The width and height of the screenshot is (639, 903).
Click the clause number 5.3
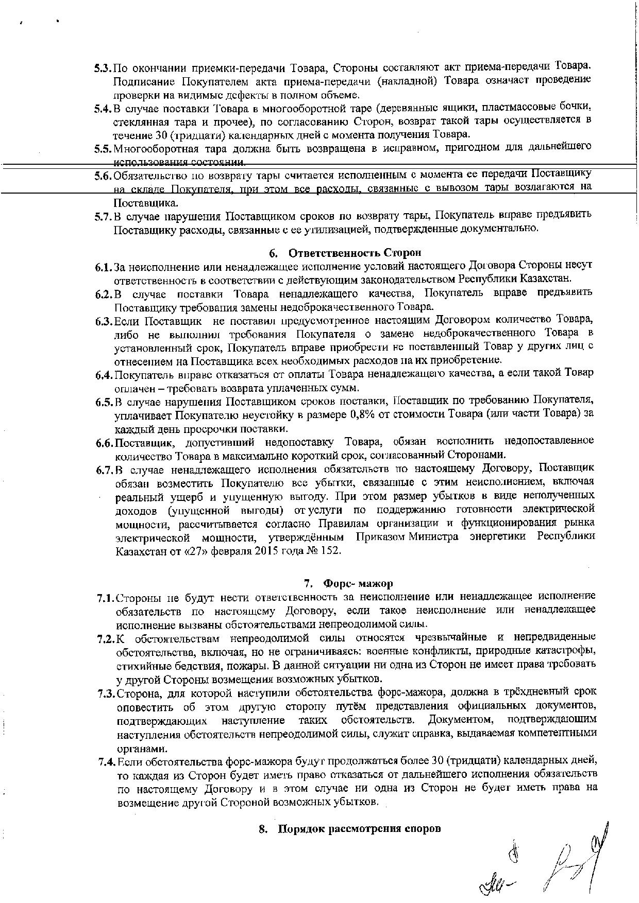pyautogui.click(x=103, y=68)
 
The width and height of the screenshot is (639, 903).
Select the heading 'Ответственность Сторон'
pyautogui.click(x=355, y=253)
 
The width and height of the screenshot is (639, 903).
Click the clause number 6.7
pyautogui.click(x=104, y=470)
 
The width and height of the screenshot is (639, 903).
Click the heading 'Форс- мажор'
pyautogui.click(x=358, y=583)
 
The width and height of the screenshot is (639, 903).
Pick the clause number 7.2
pyautogui.click(x=106, y=639)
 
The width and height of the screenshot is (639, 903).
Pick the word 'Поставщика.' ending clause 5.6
pyautogui.click(x=146, y=202)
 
